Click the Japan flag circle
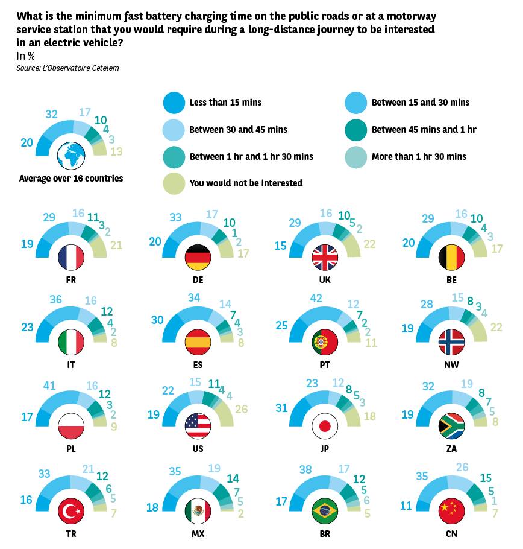pos(325,427)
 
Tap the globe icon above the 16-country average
pos(71,156)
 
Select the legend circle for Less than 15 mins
pos(174,103)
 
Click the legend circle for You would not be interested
pos(174,183)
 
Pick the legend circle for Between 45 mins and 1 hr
pos(355,129)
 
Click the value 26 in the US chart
pos(242,409)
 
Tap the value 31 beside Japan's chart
pos(281,408)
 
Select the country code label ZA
pos(451,449)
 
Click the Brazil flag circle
pos(325,511)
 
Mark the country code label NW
pos(451,364)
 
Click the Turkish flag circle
pos(71,511)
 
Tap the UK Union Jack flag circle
pos(325,258)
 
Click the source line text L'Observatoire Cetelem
pos(81,68)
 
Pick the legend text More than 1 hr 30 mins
pos(419,157)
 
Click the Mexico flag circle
pos(198,511)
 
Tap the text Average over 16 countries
pos(71,179)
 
